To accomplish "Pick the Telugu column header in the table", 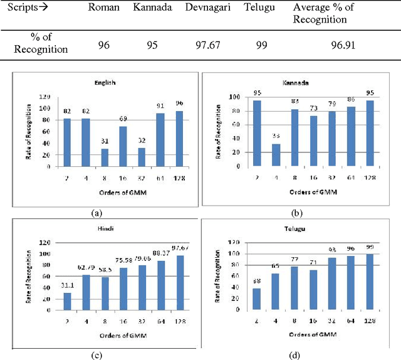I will [x=259, y=8].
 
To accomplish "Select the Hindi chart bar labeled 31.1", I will [x=68, y=302].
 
